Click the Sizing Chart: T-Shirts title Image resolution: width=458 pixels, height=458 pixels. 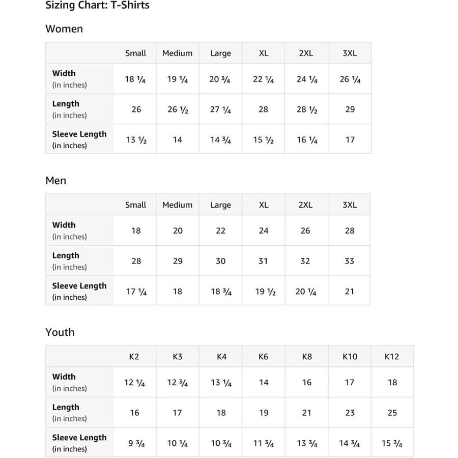(97, 6)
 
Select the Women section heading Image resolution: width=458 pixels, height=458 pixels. (64, 29)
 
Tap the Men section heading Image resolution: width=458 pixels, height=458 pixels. (56, 181)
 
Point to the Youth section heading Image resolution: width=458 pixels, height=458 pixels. (60, 332)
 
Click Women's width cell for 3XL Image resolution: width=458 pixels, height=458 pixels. (350, 79)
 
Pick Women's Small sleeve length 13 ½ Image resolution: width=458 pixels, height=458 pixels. (136, 140)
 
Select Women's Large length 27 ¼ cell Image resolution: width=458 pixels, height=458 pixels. (220, 109)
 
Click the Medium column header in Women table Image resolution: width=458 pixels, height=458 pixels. (177, 53)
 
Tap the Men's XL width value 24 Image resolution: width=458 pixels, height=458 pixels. (263, 231)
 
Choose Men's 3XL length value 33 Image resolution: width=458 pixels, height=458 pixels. (349, 261)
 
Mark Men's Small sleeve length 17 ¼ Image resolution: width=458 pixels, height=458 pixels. (136, 292)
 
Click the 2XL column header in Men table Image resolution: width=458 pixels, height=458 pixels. (305, 205)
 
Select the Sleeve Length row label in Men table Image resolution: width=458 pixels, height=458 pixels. (79, 286)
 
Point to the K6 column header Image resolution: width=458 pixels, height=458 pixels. (263, 357)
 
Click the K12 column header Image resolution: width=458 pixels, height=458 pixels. (391, 357)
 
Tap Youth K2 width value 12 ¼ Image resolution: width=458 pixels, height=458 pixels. (134, 383)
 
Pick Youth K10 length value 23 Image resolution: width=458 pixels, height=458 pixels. (350, 413)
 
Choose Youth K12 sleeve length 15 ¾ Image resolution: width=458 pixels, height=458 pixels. (392, 443)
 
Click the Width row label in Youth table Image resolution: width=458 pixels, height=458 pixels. (64, 377)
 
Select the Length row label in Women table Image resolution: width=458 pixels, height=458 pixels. (66, 104)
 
